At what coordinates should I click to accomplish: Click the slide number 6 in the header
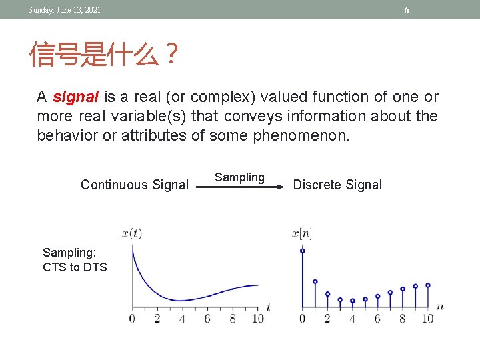406,10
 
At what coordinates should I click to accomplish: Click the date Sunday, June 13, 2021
64,9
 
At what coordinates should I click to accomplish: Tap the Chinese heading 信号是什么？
104,55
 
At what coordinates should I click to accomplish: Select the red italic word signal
75,97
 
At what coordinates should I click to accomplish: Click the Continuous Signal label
135,185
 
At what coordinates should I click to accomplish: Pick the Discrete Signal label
337,185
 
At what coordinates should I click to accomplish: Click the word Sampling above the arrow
239,177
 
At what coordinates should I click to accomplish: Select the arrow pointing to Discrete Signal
239,188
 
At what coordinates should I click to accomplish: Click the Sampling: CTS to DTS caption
75,260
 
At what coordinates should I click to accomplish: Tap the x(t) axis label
132,233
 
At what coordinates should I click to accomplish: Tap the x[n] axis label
302,233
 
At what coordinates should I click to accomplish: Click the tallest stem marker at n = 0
303,251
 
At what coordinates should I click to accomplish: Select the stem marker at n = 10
427,285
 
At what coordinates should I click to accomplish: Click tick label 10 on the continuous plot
258,319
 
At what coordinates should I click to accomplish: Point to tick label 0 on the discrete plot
302,319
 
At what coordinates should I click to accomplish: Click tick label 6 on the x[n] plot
377,319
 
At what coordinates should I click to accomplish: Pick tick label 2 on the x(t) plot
157,319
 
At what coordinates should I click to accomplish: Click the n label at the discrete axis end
440,307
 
